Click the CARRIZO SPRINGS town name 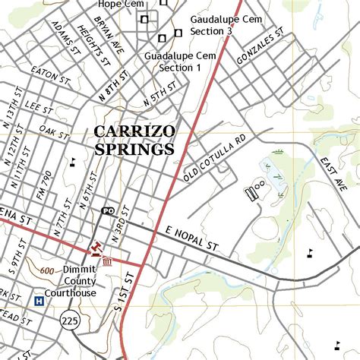[134, 141]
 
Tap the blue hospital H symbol [39, 302]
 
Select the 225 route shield [71, 323]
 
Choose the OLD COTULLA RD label [215, 159]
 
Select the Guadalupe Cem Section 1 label [180, 62]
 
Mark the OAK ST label [54, 131]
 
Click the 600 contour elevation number [46, 270]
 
